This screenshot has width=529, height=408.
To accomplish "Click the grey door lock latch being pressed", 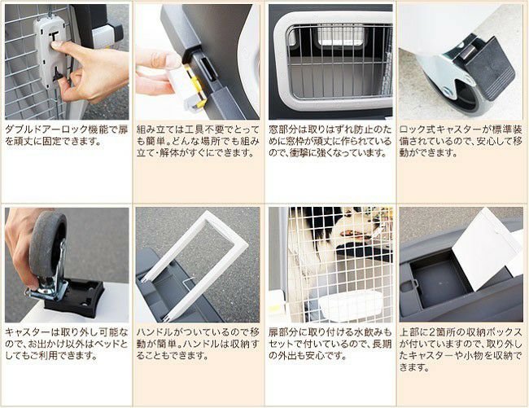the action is coord(50,50).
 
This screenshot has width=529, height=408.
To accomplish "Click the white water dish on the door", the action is coord(351,305).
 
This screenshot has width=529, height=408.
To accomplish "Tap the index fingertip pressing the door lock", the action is coord(55,44).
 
